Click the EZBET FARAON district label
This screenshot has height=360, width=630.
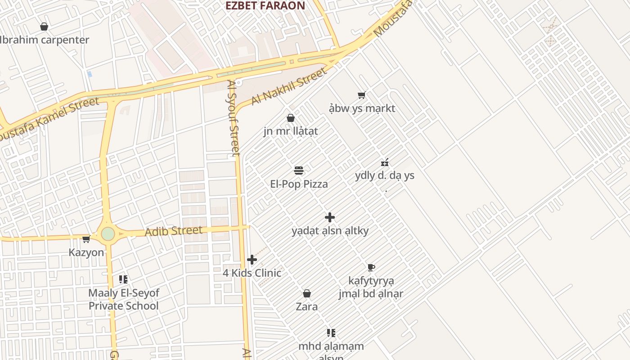(265, 6)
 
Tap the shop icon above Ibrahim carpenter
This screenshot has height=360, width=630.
(44, 27)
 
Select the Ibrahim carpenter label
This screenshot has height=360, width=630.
(44, 40)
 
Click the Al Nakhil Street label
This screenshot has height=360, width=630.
(288, 86)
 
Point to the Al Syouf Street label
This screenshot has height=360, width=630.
(234, 118)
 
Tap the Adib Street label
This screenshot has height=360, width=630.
(174, 231)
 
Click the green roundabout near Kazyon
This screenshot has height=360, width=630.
(108, 234)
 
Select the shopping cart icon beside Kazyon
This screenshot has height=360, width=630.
(86, 239)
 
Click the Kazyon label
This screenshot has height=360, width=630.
(86, 252)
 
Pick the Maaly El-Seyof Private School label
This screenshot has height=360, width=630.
(123, 299)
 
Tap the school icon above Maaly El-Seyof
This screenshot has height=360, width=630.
(123, 279)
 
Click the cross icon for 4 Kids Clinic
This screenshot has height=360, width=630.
(252, 260)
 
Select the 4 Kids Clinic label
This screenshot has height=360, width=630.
(252, 273)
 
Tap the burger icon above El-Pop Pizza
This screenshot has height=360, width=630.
(299, 171)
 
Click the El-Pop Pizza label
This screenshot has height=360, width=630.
(299, 184)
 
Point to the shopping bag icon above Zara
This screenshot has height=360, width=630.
(307, 294)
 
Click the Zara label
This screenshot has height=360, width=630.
(307, 307)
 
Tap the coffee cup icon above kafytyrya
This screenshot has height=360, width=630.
(371, 268)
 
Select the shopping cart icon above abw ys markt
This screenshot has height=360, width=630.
(362, 95)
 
